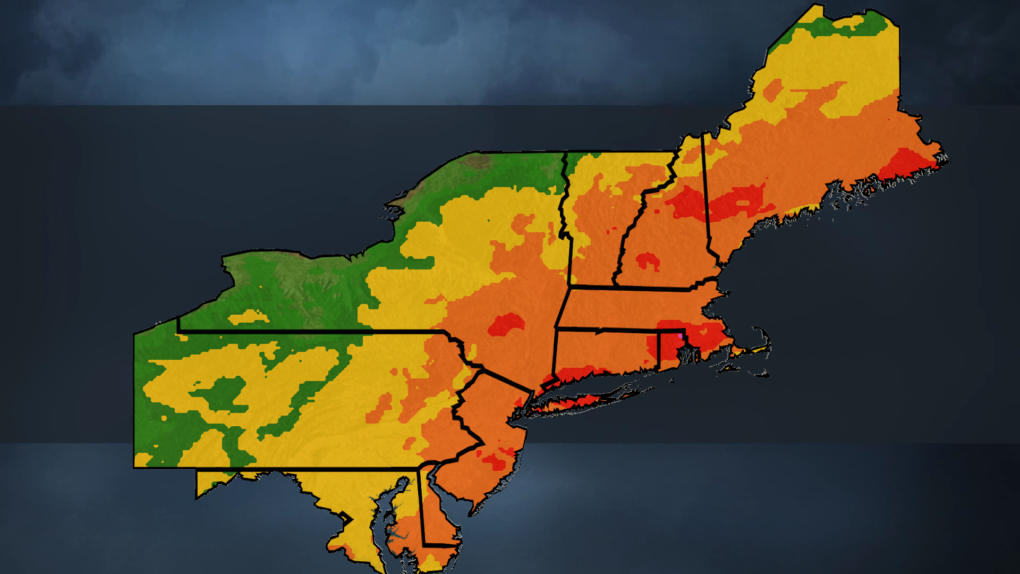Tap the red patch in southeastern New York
(506, 324)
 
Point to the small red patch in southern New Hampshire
(648, 261)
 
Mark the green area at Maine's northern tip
(850, 24)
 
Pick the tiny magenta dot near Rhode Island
(681, 336)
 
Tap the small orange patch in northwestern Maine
(773, 90)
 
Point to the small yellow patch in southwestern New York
(248, 317)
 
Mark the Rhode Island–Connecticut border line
(659, 351)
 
